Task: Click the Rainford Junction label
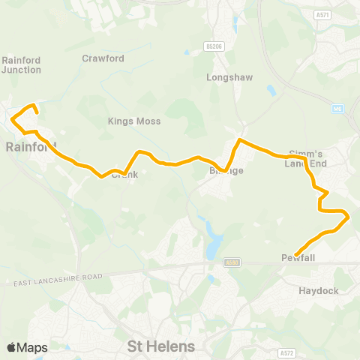(22, 64)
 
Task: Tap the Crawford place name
(102, 57)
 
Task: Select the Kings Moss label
(135, 121)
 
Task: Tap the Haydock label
(319, 290)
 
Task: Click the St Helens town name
(161, 346)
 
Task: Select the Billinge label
(226, 171)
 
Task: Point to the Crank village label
(125, 175)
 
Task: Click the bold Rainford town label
(31, 146)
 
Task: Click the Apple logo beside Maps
(12, 347)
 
